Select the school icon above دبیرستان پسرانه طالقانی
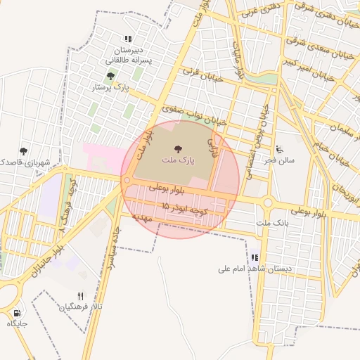(x=127, y=39)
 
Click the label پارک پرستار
(x=112, y=88)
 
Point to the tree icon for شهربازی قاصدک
(x=24, y=150)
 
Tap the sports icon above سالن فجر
(x=280, y=149)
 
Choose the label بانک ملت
(x=273, y=222)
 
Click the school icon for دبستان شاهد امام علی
(x=255, y=257)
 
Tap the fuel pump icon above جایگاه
(x=17, y=313)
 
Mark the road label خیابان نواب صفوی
(x=194, y=114)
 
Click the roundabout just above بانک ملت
(x=268, y=204)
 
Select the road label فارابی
(x=213, y=147)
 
